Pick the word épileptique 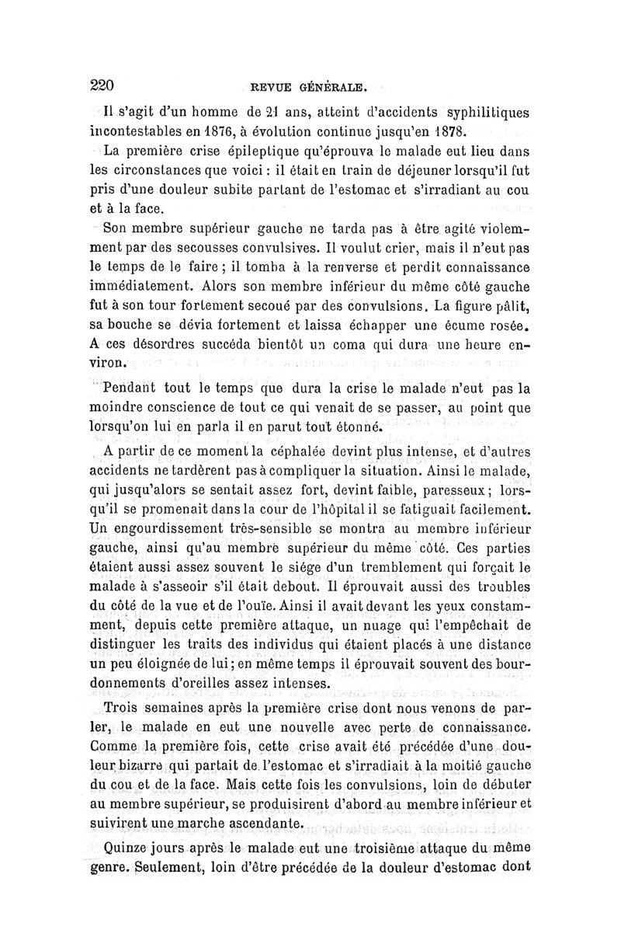234,152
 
